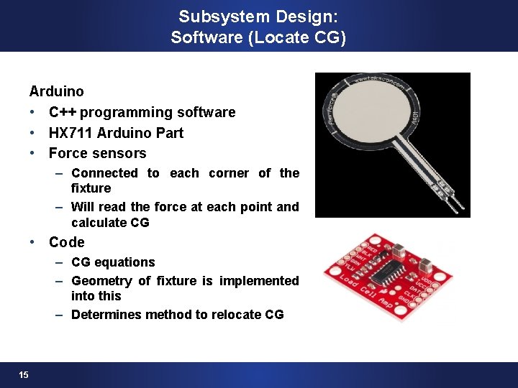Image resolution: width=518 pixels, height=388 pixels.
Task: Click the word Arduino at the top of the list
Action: pos(56,91)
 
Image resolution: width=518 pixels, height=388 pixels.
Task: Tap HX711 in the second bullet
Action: pos(71,133)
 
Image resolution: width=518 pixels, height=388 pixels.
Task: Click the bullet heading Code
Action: pos(66,242)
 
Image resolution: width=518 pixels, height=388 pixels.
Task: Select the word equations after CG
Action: pos(124,262)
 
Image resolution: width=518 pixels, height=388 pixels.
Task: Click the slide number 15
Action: pos(24,374)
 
